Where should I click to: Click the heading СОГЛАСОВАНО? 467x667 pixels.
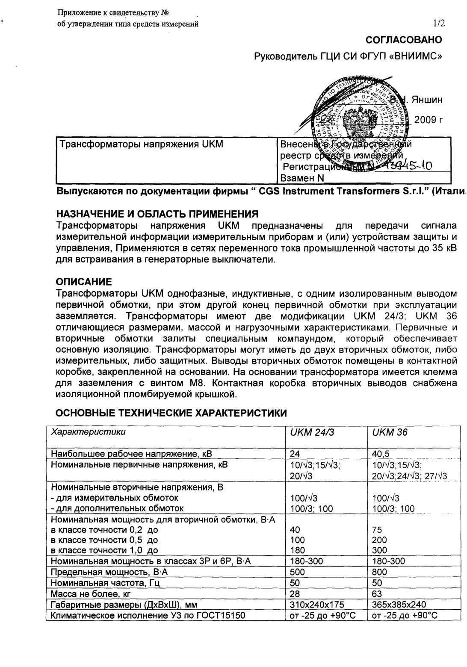click(x=404, y=40)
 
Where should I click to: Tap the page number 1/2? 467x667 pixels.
click(x=439, y=24)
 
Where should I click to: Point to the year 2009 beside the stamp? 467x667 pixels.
click(x=428, y=120)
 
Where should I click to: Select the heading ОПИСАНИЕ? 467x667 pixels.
click(x=84, y=282)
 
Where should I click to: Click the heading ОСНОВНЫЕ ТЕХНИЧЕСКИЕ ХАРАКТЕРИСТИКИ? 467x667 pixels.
click(x=171, y=413)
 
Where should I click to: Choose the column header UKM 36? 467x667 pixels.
click(x=390, y=432)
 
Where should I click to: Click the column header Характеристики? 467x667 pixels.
click(x=89, y=432)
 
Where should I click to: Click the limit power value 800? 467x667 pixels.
click(x=380, y=572)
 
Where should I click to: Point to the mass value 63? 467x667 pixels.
click(x=377, y=594)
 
